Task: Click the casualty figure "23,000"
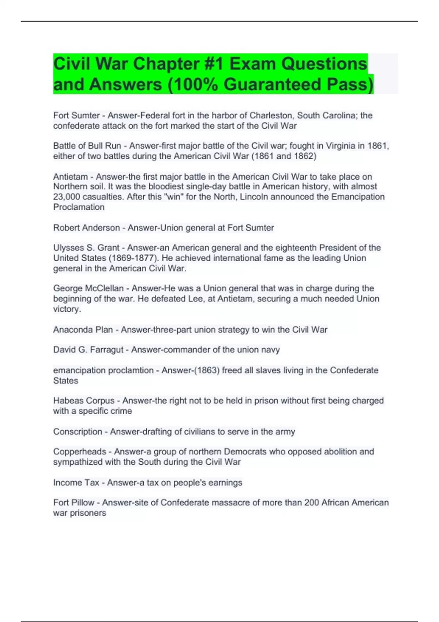click(x=67, y=197)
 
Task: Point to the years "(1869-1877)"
click(x=134, y=258)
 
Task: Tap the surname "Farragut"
click(x=107, y=350)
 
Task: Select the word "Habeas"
click(x=68, y=401)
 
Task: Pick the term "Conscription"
click(x=78, y=432)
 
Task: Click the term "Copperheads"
click(x=79, y=451)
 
